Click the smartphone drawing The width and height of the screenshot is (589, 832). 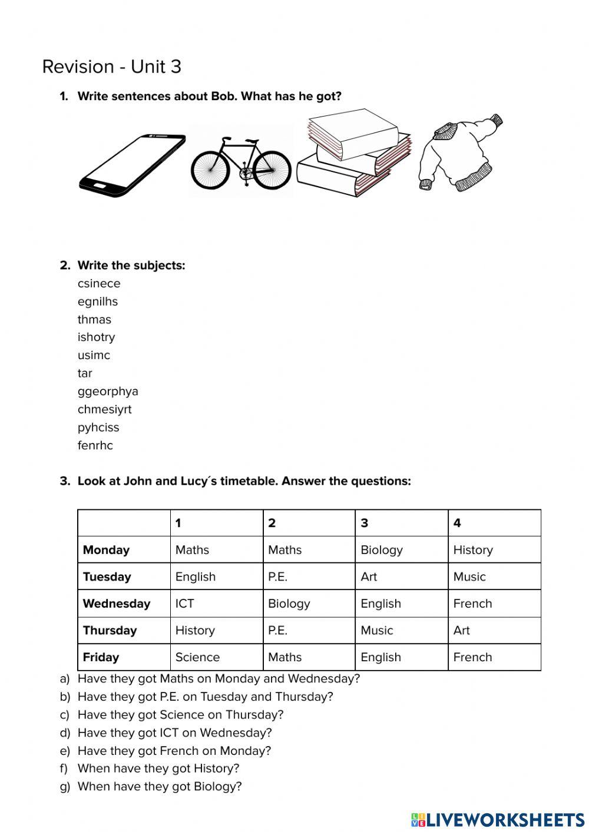tap(132, 165)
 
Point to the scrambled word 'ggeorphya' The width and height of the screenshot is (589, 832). tap(108, 392)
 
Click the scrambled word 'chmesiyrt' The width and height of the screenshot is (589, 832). tap(104, 409)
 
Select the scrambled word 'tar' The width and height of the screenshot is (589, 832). tap(85, 373)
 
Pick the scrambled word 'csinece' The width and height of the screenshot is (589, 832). tap(99, 283)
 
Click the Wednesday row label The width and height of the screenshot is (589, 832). tap(117, 604)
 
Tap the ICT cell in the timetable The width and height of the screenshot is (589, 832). tap(184, 604)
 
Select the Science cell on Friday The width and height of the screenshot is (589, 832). tap(197, 657)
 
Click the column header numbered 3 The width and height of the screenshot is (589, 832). tap(365, 523)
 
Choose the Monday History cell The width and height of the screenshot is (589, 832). tap(473, 550)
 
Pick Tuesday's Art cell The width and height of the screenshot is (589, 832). tap(369, 576)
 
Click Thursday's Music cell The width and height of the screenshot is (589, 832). tap(377, 630)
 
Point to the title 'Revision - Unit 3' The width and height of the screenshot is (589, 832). tap(112, 67)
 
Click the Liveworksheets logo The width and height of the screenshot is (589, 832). tap(497, 819)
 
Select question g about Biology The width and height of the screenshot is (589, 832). tap(159, 787)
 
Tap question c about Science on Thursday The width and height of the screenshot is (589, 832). tap(180, 715)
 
